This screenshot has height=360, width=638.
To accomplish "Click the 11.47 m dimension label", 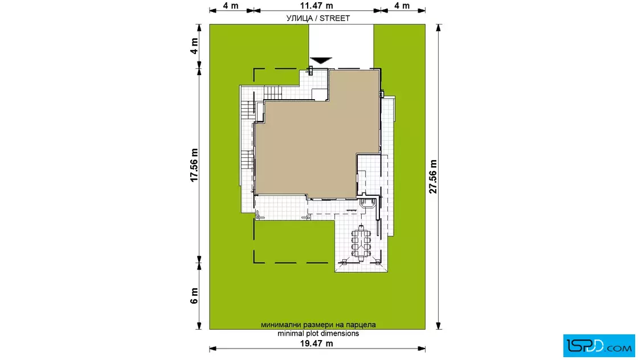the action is click(x=317, y=6).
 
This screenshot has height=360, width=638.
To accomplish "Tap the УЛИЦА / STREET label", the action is click(x=318, y=18).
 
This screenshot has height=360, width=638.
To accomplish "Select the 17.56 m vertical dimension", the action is click(x=194, y=165).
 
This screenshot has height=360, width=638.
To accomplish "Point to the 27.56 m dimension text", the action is click(x=433, y=177).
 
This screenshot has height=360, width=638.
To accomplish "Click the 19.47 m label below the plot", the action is click(x=317, y=343).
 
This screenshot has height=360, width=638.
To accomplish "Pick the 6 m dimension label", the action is click(x=194, y=296).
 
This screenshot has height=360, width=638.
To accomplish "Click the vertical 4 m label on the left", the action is click(x=194, y=46).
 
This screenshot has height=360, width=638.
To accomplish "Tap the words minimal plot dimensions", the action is click(x=318, y=334).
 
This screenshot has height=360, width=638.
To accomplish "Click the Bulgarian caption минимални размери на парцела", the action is click(x=318, y=325).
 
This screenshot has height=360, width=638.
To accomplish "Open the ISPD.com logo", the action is click(x=599, y=346).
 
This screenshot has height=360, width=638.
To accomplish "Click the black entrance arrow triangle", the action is click(x=321, y=60).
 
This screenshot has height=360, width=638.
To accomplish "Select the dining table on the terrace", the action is click(x=361, y=243).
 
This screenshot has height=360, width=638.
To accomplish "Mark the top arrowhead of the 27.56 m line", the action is click(x=438, y=28).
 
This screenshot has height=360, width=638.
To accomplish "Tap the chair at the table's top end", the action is click(x=361, y=227).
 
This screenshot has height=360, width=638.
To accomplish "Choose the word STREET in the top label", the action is click(x=334, y=18).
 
